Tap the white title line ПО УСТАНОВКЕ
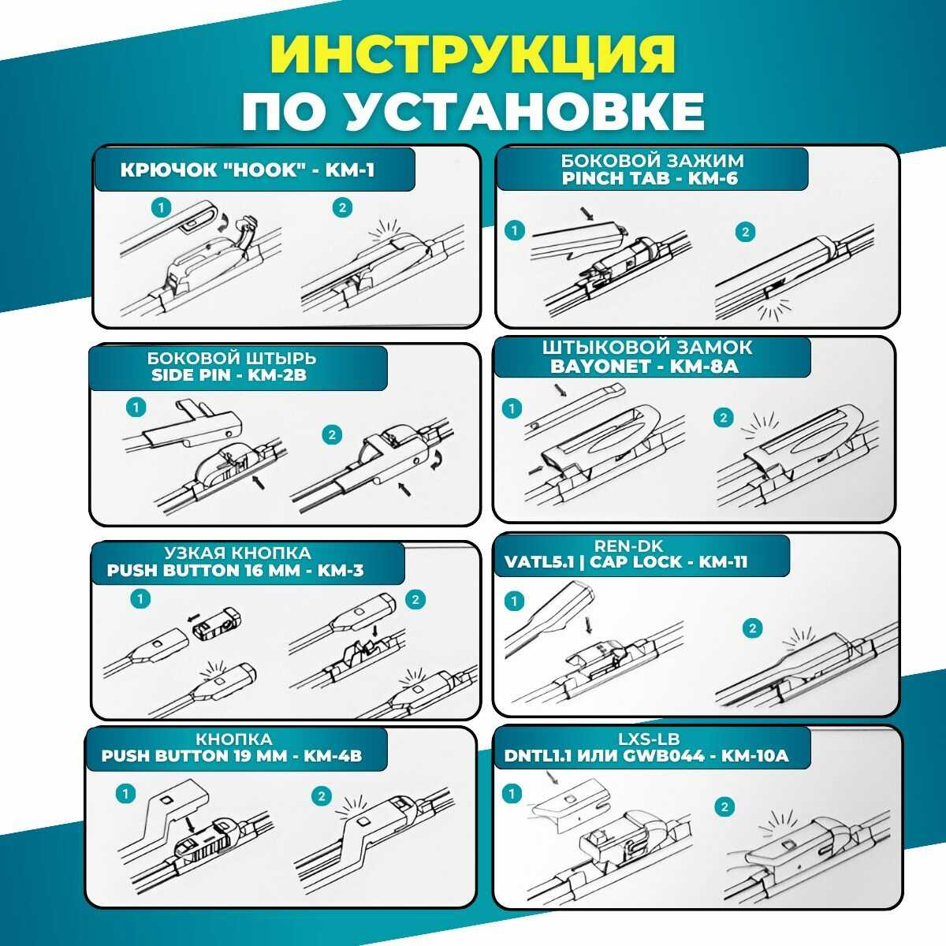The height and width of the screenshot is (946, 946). (x=473, y=110)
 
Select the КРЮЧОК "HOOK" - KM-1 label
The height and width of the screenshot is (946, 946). (x=248, y=170)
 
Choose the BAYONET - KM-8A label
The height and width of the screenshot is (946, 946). (x=650, y=367)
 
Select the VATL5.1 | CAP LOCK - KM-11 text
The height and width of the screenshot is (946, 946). (x=631, y=562)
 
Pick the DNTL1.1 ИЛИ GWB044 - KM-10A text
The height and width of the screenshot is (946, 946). (x=646, y=757)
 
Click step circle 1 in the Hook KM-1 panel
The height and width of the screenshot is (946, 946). (x=161, y=207)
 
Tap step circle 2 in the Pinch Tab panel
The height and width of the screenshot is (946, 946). (x=744, y=232)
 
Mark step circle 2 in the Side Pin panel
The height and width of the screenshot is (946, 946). (x=332, y=435)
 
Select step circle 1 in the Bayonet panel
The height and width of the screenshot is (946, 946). (x=512, y=408)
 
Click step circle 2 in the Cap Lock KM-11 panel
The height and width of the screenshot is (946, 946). (x=753, y=628)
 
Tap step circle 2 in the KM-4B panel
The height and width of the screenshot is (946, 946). (x=320, y=796)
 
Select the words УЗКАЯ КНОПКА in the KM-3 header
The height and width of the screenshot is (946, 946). (x=237, y=553)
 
